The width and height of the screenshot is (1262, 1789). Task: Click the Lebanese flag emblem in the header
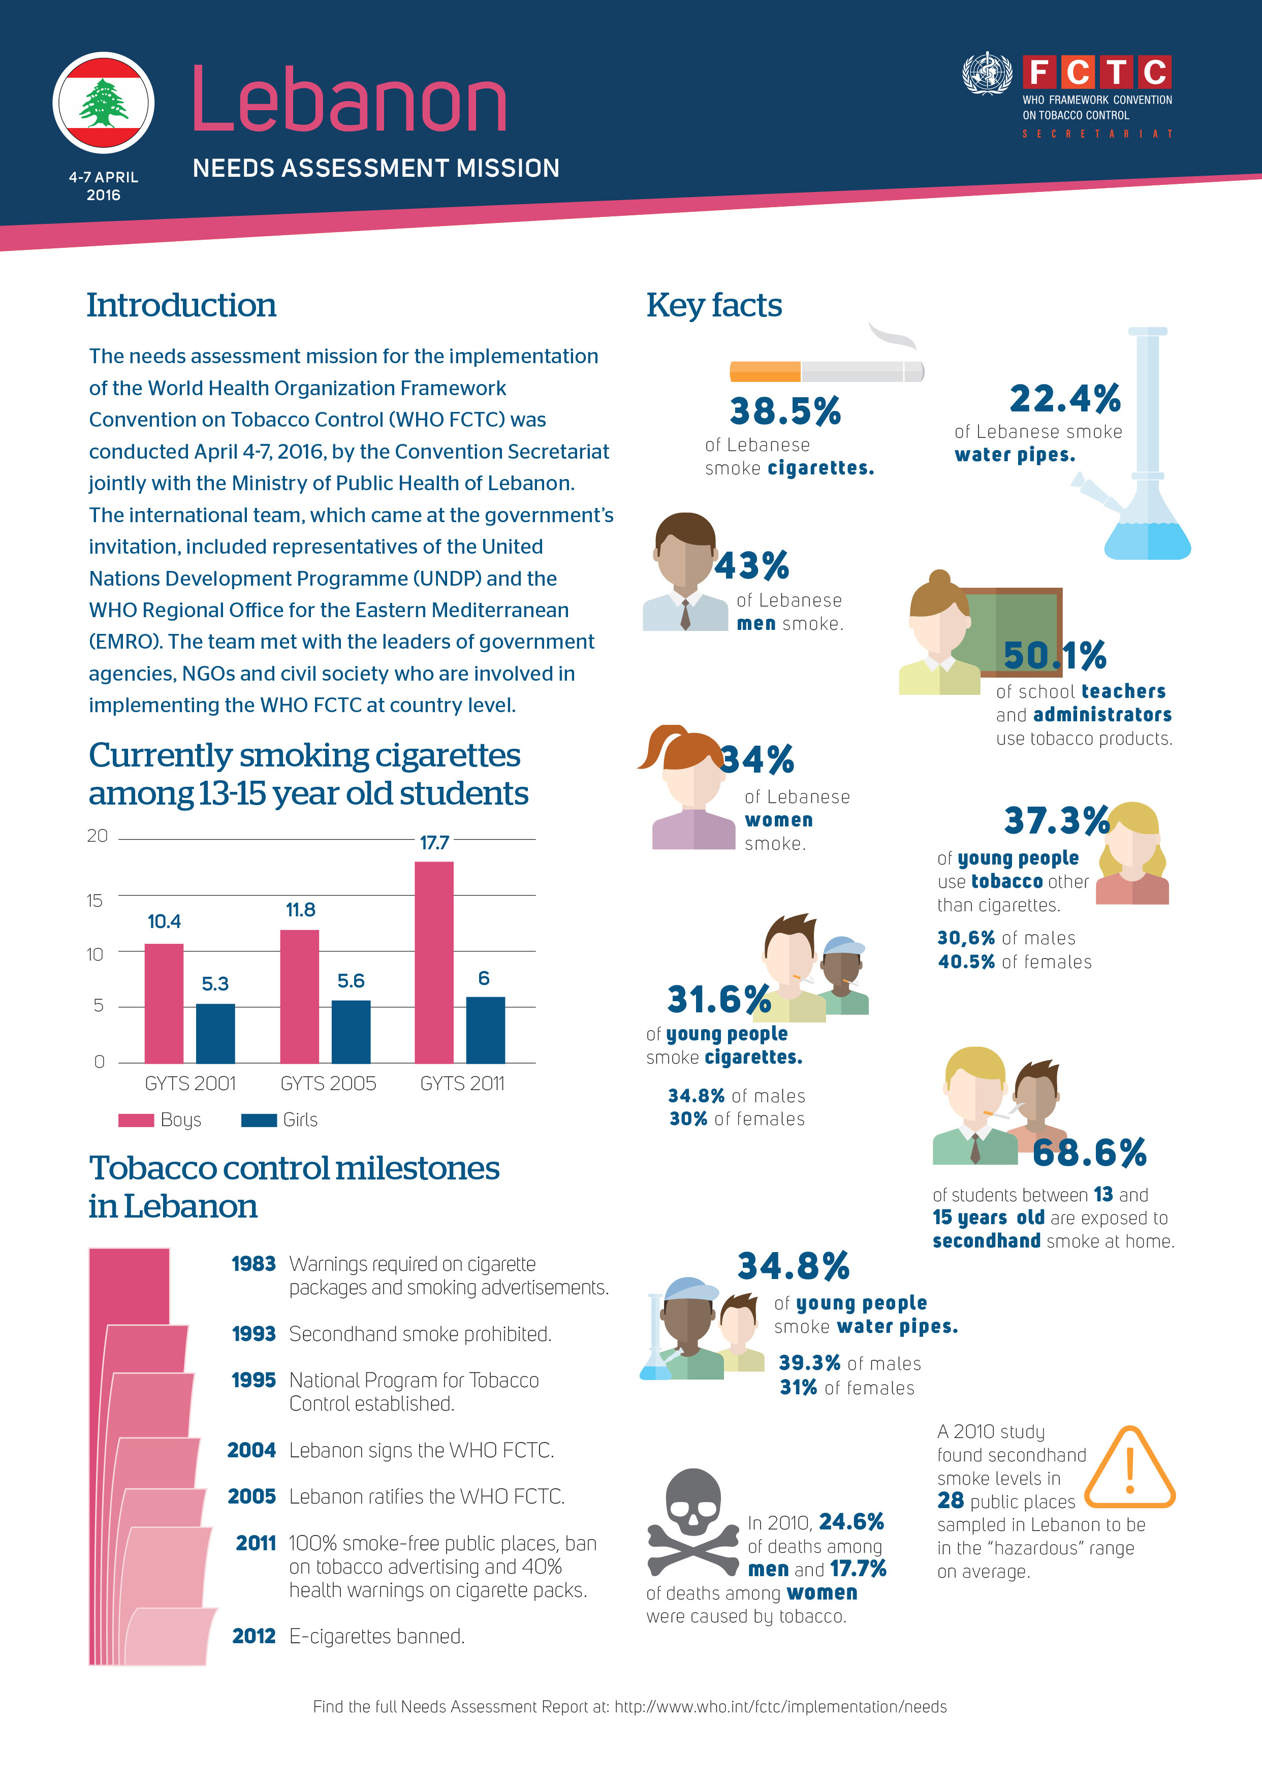point(104,103)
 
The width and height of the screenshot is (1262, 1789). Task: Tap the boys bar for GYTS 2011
point(434,962)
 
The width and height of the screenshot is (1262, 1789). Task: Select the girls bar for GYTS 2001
point(215,1033)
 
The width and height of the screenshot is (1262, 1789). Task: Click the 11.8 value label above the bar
point(300,910)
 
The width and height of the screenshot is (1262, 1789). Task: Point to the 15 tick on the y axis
point(95,901)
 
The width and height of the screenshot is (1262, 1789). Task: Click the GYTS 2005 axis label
point(328,1084)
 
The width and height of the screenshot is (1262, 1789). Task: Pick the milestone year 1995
point(254,1380)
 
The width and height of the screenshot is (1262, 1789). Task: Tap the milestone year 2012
point(254,1636)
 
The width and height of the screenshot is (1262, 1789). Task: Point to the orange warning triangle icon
point(1129,1468)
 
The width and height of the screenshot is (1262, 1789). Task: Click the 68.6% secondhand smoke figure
point(1090,1153)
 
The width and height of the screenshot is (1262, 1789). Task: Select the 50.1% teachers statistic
point(1055,655)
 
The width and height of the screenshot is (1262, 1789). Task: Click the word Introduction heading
point(181,305)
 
